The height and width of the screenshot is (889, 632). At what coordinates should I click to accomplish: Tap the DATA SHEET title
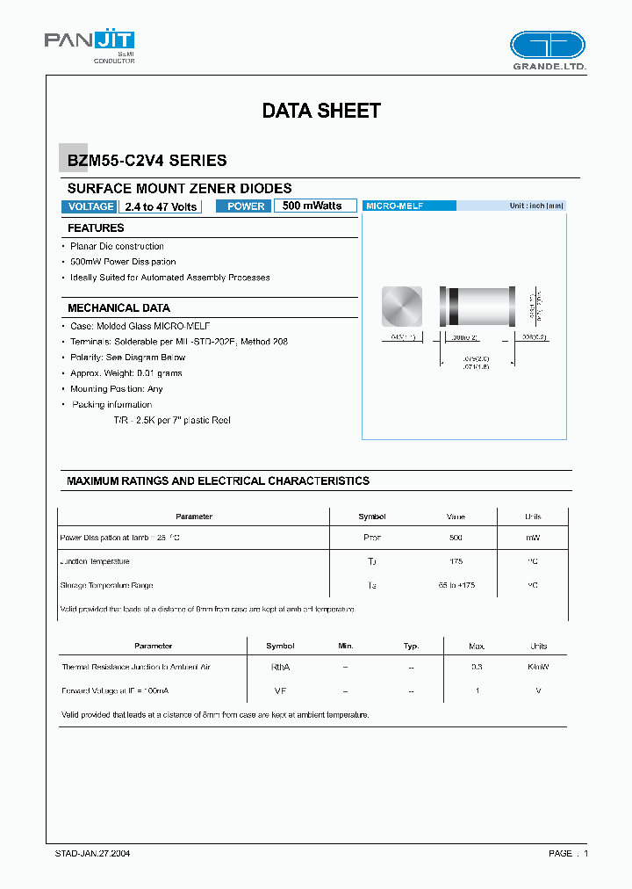coord(321,111)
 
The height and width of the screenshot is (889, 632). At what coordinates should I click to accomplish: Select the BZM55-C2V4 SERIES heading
coord(147,161)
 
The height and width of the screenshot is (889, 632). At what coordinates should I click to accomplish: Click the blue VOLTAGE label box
coord(90,206)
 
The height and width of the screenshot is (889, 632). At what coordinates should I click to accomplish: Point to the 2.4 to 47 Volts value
coord(162,206)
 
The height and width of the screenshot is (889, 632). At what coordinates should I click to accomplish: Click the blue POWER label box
coord(245,206)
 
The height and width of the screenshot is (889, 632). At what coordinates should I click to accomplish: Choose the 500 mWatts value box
coord(314,206)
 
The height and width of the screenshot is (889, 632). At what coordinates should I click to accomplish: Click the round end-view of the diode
coord(401,307)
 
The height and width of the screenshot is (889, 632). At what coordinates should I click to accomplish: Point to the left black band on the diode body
coord(454,307)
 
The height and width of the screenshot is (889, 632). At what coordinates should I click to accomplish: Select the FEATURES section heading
coord(96,228)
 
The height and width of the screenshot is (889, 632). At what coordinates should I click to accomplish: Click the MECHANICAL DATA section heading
coord(118,308)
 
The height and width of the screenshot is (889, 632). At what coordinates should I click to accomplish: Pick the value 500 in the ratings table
coord(456,538)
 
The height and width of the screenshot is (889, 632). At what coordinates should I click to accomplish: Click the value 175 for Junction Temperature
coord(456,561)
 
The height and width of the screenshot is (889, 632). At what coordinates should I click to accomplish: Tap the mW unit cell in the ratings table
coord(533,538)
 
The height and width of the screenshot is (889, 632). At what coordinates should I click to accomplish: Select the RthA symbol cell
coord(280,668)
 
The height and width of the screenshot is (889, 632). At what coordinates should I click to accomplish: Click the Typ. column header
coord(411,646)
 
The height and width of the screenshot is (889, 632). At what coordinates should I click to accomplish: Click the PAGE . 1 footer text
coord(568,853)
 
